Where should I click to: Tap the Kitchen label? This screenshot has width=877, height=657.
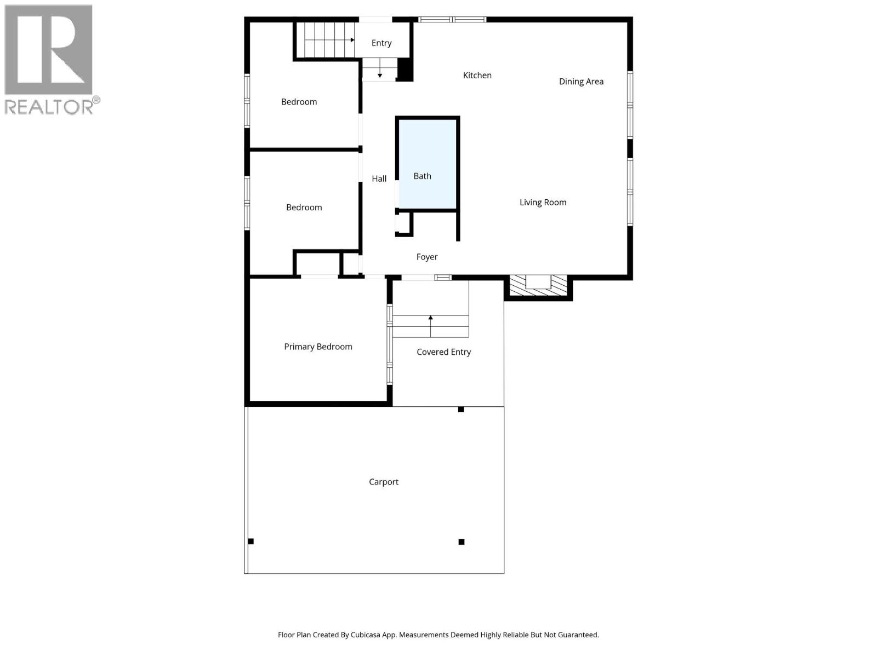(477, 76)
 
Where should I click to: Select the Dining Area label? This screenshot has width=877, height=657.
(581, 82)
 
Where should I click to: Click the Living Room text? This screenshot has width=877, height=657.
(543, 203)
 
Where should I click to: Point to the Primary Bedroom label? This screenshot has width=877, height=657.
(318, 347)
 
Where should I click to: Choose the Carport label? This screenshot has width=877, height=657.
(383, 482)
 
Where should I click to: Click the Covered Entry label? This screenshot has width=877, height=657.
(443, 352)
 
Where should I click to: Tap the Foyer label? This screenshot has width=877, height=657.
(426, 257)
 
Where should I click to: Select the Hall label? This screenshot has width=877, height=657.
(379, 178)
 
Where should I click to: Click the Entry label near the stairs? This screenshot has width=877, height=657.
(381, 43)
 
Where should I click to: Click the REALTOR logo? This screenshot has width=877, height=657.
(49, 59)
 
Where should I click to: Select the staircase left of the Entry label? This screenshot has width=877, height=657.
(325, 39)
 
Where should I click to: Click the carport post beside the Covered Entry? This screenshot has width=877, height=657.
(461, 410)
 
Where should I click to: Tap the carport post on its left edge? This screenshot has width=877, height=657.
(251, 541)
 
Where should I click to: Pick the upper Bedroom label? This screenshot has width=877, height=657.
(299, 102)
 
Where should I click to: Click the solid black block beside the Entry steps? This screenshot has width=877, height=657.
(405, 70)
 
